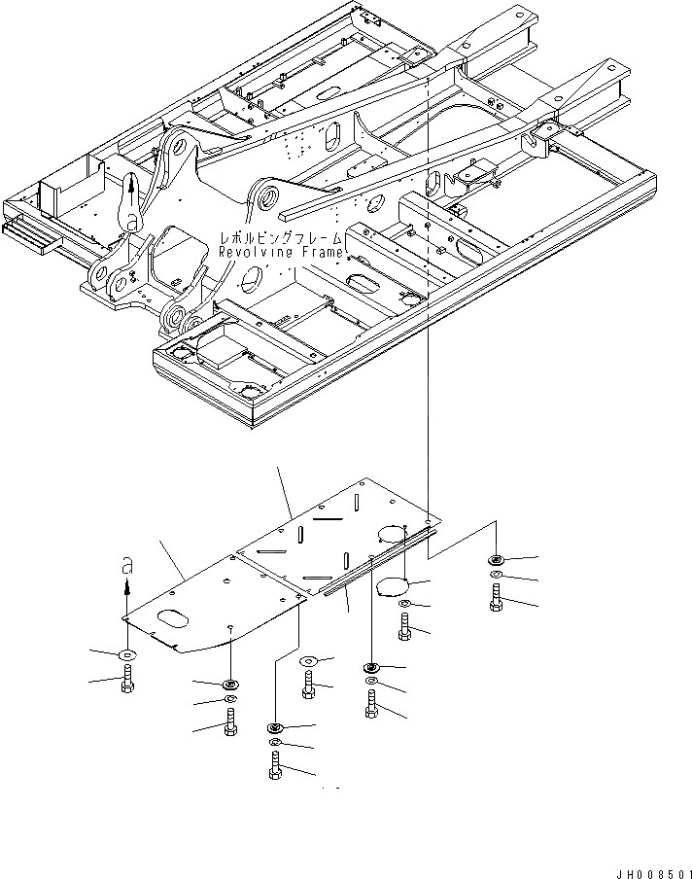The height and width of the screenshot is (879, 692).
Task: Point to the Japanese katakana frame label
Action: tap(281, 237)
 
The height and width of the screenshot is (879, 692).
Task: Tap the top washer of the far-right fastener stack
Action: tap(497, 560)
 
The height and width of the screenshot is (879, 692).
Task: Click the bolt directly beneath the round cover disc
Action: tap(404, 629)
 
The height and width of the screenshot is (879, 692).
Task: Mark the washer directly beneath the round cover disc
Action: tap(404, 606)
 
